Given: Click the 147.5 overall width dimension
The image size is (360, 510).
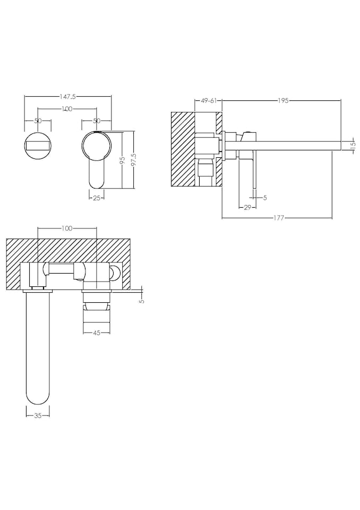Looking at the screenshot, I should point(67,97).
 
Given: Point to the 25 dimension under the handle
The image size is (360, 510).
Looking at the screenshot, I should point(96,198).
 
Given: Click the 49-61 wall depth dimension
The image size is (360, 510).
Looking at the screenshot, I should point(208,100).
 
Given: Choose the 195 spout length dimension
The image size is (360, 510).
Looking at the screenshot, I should point(282,100).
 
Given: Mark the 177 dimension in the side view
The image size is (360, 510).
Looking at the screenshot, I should point(277,217).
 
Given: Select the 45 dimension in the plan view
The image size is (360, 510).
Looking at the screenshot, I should point(96,333).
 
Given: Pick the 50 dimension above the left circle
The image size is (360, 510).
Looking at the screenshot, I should point(38,121).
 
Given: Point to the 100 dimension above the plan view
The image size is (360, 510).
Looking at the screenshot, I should point(67,228).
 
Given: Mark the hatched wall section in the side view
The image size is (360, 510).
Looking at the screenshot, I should point(183,149).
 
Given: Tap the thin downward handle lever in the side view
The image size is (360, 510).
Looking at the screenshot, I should point(255,170).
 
